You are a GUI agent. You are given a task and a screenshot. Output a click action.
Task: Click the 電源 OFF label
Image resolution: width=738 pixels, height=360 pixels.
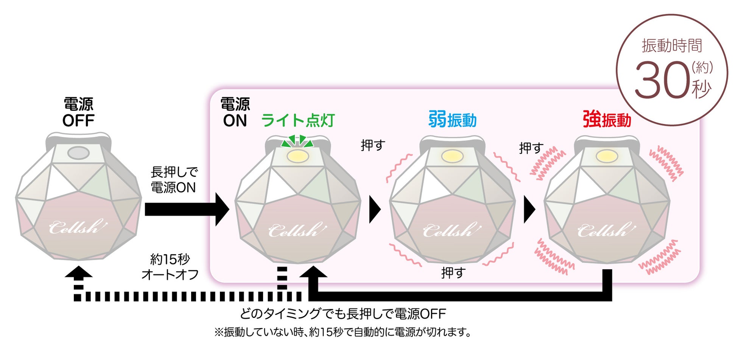point(78,112)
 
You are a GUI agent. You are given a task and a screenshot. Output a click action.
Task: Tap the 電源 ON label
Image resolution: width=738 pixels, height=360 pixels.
point(235,112)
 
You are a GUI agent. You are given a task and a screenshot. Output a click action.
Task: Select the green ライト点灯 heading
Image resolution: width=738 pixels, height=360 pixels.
point(298,120)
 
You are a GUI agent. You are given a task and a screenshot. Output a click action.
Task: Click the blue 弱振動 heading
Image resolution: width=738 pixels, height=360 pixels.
point(452,120)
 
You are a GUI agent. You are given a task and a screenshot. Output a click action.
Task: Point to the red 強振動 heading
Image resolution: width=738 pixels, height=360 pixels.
point(607,120)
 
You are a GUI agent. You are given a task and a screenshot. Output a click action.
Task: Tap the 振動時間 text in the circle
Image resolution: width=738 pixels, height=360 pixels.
point(672,46)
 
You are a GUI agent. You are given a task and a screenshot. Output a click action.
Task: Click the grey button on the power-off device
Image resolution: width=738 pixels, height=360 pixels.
point(78,153)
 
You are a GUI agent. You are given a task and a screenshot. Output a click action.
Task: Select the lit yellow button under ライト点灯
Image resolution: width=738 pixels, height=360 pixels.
point(298,156)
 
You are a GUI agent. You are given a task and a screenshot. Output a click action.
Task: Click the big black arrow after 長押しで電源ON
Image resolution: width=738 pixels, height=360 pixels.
point(187,209)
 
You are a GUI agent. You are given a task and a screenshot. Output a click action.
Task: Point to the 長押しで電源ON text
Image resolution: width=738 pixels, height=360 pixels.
point(174,180)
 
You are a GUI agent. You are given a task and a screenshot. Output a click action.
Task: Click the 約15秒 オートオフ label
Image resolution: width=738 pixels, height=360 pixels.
point(170,267)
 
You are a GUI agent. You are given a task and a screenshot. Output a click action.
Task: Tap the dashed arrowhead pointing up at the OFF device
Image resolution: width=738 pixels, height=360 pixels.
point(78,273)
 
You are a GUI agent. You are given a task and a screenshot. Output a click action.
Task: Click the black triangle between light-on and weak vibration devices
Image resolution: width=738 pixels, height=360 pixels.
point(374,209)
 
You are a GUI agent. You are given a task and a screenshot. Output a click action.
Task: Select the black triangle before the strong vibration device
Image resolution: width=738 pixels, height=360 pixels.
point(529,209)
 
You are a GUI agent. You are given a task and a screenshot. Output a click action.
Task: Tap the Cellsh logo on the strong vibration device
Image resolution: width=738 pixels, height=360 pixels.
point(606,230)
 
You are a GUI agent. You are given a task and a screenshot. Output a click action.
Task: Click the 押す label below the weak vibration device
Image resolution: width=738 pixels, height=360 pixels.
point(453,273)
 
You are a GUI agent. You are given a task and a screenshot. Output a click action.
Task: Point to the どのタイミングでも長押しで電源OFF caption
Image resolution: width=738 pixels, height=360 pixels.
point(343,314)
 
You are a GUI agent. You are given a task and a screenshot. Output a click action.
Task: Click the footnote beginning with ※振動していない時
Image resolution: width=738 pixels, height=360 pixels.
point(343,332)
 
